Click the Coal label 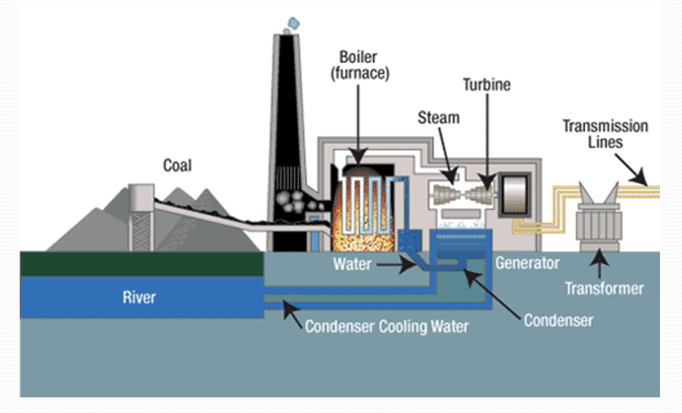(177, 166)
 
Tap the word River (139, 298)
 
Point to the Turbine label (486, 84)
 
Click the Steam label (438, 118)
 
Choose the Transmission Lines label (605, 134)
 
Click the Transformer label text (604, 288)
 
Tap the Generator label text (527, 263)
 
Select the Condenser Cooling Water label (387, 326)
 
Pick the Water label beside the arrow (351, 264)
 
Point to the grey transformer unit (599, 223)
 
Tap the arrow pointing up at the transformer (600, 265)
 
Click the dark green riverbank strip (141, 264)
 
